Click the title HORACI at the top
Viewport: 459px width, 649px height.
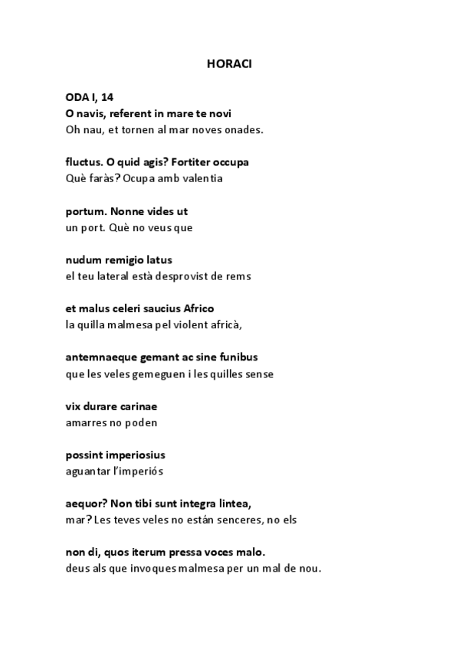click(x=229, y=64)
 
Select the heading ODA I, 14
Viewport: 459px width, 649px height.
click(x=89, y=97)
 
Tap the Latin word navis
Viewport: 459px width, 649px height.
click(x=91, y=113)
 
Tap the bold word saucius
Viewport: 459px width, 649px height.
click(x=161, y=309)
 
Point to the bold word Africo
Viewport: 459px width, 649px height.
click(x=198, y=309)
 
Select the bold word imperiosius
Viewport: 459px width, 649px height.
click(x=137, y=455)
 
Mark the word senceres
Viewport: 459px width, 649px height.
click(x=261, y=520)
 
